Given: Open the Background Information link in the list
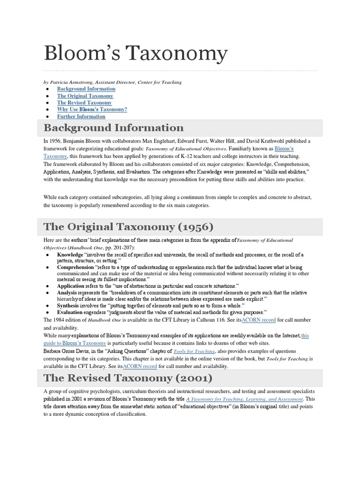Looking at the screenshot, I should tap(86, 89).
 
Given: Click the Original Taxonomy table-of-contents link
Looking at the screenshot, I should tap(85, 96).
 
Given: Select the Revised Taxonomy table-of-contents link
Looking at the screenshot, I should tap(84, 103).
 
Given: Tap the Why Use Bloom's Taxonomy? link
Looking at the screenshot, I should tap(92, 109).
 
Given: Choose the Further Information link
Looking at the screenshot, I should tap(81, 116).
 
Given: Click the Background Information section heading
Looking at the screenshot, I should tap(113, 128).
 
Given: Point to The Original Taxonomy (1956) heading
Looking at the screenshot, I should tap(128, 227).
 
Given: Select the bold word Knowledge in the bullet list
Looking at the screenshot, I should tap(70, 255).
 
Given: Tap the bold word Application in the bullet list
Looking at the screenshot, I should tap(71, 285).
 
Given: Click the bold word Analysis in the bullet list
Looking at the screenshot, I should tap(68, 292).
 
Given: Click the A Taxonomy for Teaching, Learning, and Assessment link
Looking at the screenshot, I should tap(244, 399).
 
